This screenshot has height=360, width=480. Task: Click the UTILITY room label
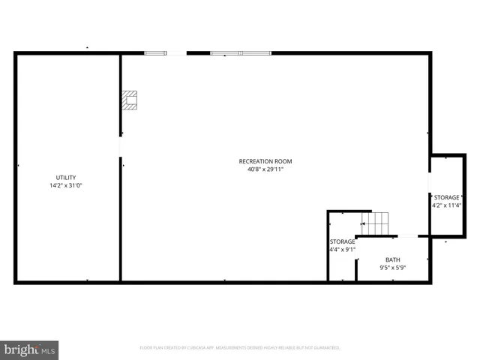click(65, 178)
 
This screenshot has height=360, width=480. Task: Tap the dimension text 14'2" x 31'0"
click(65, 185)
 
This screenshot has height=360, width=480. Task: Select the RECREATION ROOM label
click(265, 161)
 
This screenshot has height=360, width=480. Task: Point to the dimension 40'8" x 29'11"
click(265, 169)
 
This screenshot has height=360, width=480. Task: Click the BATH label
click(393, 259)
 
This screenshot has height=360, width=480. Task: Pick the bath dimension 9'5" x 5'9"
click(393, 267)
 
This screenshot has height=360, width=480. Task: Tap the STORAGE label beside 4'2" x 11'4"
click(446, 197)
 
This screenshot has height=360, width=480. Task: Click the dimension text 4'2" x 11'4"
click(446, 205)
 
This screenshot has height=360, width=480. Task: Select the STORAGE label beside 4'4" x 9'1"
click(342, 241)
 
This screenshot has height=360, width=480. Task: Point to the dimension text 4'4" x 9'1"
click(342, 250)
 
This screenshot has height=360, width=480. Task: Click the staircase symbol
click(376, 223)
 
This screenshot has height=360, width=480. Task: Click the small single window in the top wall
click(155, 53)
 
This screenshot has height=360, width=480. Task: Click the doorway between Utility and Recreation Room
click(120, 146)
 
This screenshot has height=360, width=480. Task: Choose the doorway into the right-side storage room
click(430, 184)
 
